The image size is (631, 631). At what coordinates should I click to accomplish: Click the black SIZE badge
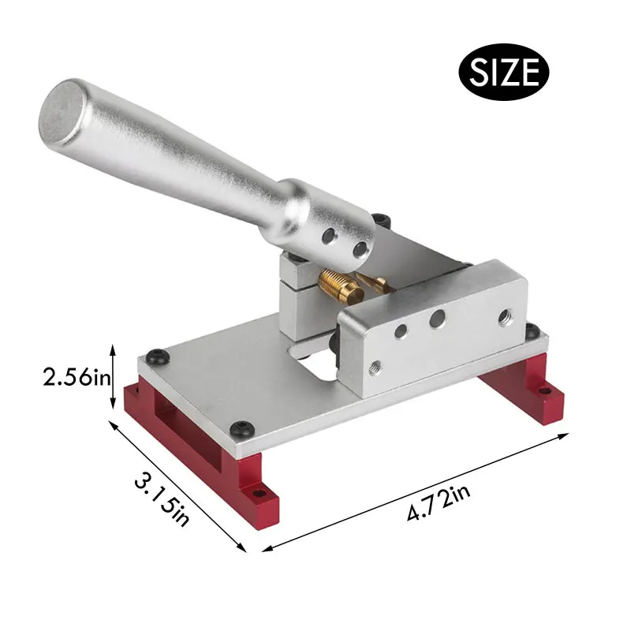503,72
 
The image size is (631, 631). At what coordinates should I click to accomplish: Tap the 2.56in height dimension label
77,378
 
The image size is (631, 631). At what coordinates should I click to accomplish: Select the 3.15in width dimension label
162,499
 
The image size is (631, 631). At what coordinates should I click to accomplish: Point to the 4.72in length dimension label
439,503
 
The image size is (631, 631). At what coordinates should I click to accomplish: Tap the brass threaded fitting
341,286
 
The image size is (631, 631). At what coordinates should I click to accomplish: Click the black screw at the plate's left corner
158,357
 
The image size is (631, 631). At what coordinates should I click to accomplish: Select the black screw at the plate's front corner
242,429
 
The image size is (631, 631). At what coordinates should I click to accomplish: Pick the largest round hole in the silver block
438,319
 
